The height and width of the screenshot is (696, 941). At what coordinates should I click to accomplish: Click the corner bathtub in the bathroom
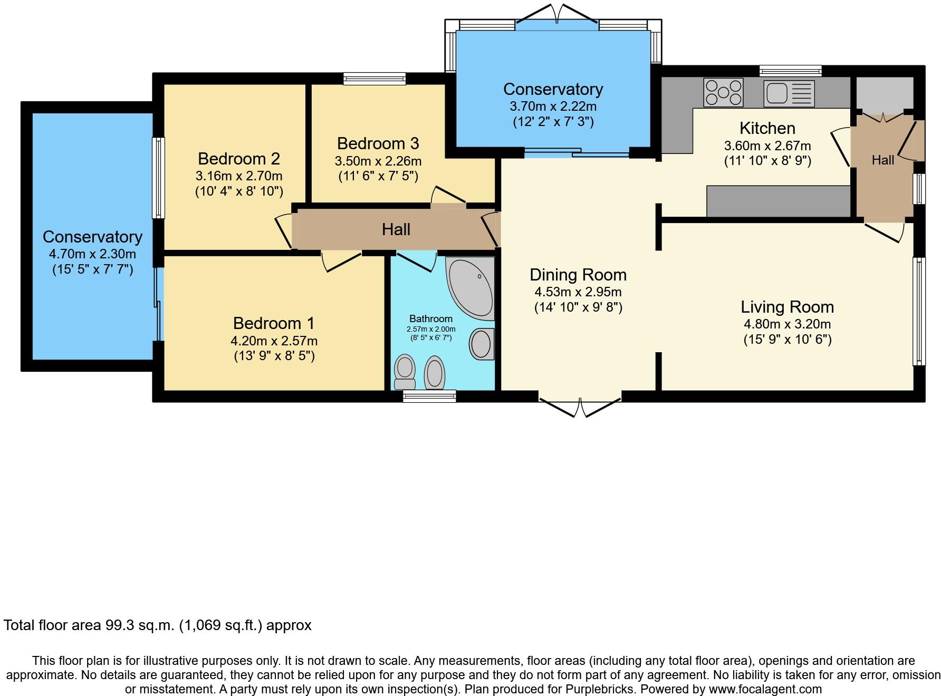coord(470,288)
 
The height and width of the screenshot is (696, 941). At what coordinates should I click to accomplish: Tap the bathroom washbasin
coord(481,344)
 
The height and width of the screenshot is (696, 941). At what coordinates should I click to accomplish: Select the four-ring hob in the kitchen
coord(723,92)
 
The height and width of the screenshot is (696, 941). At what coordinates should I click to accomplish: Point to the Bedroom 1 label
coord(274,323)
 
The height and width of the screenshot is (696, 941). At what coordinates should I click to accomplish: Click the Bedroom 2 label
coord(238,158)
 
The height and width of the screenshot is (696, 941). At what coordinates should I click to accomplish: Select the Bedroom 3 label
coord(378,143)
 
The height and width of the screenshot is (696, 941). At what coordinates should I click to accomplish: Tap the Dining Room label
coord(578,274)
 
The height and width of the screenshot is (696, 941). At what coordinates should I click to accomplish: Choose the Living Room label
coord(787,307)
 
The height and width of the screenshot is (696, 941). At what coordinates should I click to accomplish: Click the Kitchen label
coord(767,128)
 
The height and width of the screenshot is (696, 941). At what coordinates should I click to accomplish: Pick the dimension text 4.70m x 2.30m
coord(92,254)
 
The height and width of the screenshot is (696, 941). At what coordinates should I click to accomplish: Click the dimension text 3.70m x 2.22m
coord(553,106)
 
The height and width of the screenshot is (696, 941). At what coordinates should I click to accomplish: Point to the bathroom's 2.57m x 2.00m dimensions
coord(430,329)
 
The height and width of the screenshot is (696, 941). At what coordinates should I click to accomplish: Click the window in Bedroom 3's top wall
coord(375,79)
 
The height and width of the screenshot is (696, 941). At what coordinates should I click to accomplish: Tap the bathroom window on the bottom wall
coord(429,397)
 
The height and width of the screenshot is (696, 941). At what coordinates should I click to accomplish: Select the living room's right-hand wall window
coord(919,311)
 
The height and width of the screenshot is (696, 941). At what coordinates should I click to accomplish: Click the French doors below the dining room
coord(580,404)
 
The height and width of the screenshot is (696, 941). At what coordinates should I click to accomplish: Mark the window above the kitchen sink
coord(790,71)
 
